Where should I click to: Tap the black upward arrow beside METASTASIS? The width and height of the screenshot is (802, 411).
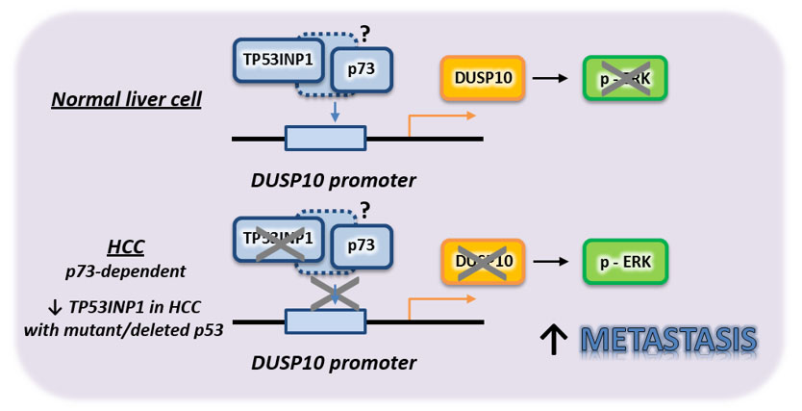(555, 341)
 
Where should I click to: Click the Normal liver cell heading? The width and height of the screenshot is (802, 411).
(126, 99)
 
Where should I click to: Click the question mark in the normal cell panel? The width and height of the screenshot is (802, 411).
(363, 34)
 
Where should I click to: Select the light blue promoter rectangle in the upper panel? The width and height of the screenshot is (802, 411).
(325, 138)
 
